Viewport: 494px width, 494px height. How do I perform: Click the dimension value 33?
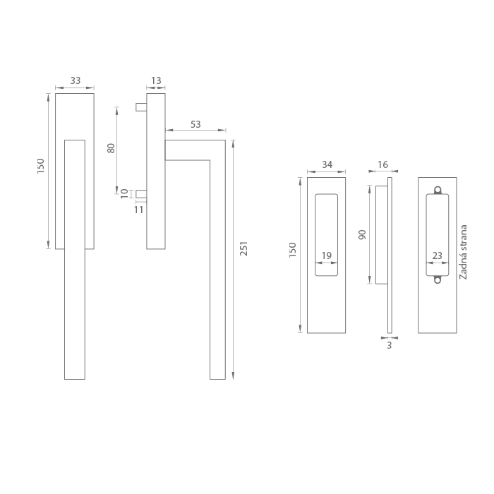(76, 80)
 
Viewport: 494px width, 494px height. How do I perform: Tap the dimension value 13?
(156, 80)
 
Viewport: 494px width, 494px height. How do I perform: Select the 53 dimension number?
(195, 124)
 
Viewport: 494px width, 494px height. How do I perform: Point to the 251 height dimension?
(244, 248)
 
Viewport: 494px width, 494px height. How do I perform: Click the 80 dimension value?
(112, 148)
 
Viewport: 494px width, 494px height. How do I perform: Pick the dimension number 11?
(138, 210)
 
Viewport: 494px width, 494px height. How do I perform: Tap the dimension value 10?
(125, 194)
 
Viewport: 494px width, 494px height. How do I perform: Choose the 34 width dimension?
(327, 164)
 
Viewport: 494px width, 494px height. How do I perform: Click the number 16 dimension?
(382, 164)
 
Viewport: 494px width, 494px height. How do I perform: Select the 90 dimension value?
(362, 235)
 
